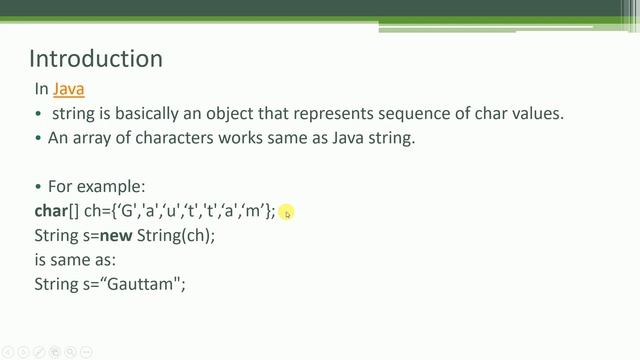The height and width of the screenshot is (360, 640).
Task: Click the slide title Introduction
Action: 96,59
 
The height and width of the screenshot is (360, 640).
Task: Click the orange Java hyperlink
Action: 69,90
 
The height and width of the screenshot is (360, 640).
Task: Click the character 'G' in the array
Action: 127,211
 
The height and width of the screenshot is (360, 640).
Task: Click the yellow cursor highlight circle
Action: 286,212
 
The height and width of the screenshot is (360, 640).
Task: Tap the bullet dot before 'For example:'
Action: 39,187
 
